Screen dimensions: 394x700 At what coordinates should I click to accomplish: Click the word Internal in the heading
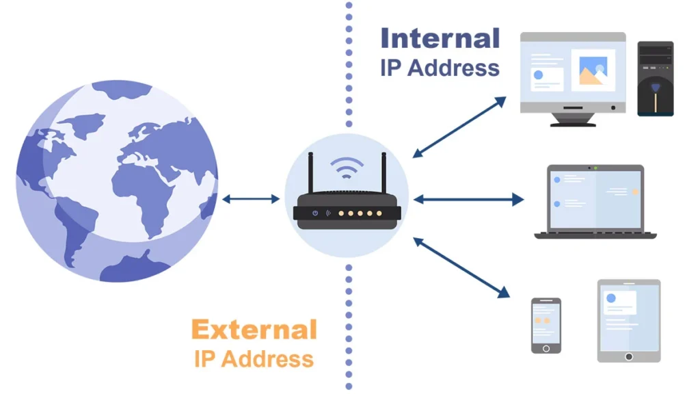pos(440,38)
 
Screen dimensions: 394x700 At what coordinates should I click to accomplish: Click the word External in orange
pos(254,330)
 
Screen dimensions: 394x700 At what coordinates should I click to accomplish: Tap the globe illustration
pos(116,181)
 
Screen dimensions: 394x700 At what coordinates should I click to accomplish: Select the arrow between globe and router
pos(251,199)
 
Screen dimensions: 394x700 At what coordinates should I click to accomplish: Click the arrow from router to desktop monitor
pos(459,127)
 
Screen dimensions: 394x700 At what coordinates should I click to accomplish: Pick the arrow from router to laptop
pos(468,200)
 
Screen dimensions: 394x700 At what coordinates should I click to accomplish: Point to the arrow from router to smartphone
pos(461,267)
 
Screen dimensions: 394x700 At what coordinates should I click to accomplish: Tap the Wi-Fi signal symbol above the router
pos(347,168)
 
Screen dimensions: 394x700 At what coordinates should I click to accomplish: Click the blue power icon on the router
pos(315,213)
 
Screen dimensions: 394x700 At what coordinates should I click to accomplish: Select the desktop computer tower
pos(656,79)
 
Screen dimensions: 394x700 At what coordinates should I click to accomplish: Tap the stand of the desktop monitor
pos(572,120)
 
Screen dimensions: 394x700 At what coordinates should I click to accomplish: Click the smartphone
pos(546,325)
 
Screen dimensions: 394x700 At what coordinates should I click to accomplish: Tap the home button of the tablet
pos(629,356)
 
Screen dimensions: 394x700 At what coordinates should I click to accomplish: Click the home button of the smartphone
pos(546,348)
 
